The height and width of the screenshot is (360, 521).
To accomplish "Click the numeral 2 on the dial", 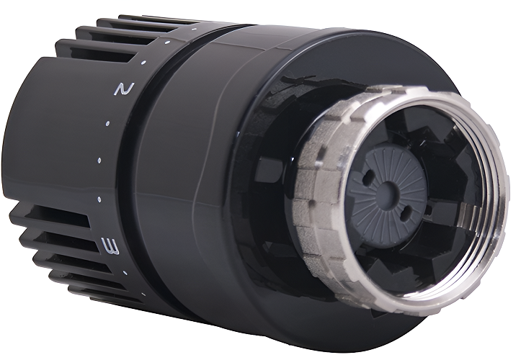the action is [x=124, y=89].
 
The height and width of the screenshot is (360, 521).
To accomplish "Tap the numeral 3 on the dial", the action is [x=111, y=246].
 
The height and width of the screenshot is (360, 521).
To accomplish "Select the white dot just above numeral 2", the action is [x=143, y=63].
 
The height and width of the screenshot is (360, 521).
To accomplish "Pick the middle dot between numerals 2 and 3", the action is [x=99, y=161].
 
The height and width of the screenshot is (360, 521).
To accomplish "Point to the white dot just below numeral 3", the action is [x=125, y=273].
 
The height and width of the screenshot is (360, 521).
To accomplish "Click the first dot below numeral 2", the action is [x=107, y=124].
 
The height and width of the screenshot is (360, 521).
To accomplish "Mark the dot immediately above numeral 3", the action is [x=99, y=199].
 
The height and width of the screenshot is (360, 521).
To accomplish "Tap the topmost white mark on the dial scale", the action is [x=193, y=30].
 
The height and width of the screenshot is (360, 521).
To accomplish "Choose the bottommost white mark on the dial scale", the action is [x=143, y=294].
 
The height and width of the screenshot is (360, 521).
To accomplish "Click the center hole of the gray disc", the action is [x=387, y=190].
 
